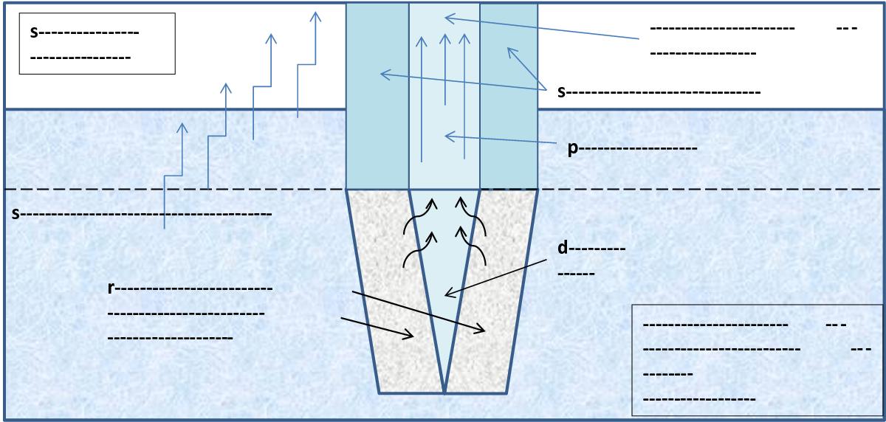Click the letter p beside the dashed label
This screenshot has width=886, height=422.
[x=573, y=149]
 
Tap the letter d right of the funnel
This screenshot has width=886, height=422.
[x=563, y=248]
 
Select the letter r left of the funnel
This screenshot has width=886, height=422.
[x=111, y=288]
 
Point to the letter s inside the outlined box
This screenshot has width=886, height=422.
[x=35, y=32]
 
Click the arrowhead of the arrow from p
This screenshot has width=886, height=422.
[x=449, y=136]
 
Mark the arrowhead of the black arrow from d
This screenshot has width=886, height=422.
[x=449, y=293]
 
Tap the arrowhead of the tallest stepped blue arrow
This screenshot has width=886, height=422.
[x=315, y=16]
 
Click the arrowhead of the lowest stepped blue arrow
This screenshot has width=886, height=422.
[x=182, y=128]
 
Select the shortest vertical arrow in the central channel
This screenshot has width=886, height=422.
[x=445, y=69]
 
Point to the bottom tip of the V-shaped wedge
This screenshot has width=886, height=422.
[x=444, y=393]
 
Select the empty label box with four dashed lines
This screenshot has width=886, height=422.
[x=757, y=360]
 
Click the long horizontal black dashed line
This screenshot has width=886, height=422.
[x=443, y=190]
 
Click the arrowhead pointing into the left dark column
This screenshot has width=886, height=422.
[x=385, y=74]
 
